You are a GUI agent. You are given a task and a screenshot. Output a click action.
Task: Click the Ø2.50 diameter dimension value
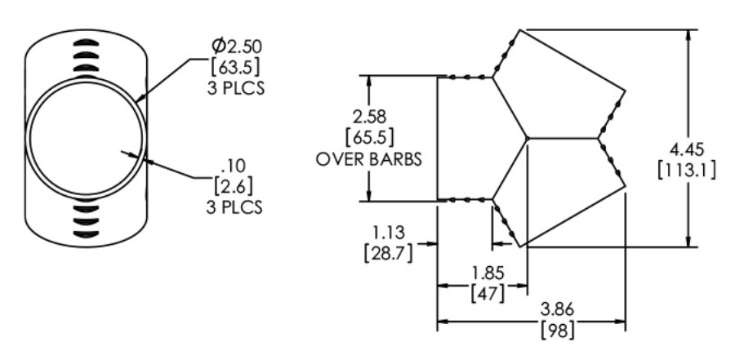click(x=237, y=47)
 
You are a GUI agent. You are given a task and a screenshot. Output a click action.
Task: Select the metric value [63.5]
click(x=235, y=68)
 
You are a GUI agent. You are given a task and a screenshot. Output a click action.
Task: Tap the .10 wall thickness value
click(x=234, y=166)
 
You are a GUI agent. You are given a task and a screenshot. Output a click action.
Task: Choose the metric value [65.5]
click(x=369, y=138)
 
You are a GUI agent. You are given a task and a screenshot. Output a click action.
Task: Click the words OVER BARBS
click(x=369, y=159)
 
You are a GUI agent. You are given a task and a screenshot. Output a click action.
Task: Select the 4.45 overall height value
click(x=687, y=150)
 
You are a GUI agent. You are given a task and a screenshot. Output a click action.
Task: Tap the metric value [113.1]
click(x=687, y=171)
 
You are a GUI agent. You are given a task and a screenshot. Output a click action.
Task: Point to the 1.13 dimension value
click(x=388, y=233)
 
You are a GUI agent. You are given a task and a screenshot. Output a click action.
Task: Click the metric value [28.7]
click(x=388, y=253)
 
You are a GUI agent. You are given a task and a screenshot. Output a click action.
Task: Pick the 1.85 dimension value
click(x=488, y=273)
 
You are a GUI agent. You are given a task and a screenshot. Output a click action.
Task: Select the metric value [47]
click(x=488, y=293)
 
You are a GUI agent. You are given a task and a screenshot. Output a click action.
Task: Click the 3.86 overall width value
click(x=557, y=309)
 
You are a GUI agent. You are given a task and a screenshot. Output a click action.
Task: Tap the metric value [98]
click(x=557, y=331)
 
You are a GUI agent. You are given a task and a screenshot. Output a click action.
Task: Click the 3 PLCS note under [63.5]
click(x=236, y=89)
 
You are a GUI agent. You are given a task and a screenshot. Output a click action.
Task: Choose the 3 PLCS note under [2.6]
click(x=234, y=207)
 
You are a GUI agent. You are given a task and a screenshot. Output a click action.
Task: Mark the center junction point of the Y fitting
click(x=528, y=138)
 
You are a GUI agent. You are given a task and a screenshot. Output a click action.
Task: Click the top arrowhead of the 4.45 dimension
click(x=688, y=36)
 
